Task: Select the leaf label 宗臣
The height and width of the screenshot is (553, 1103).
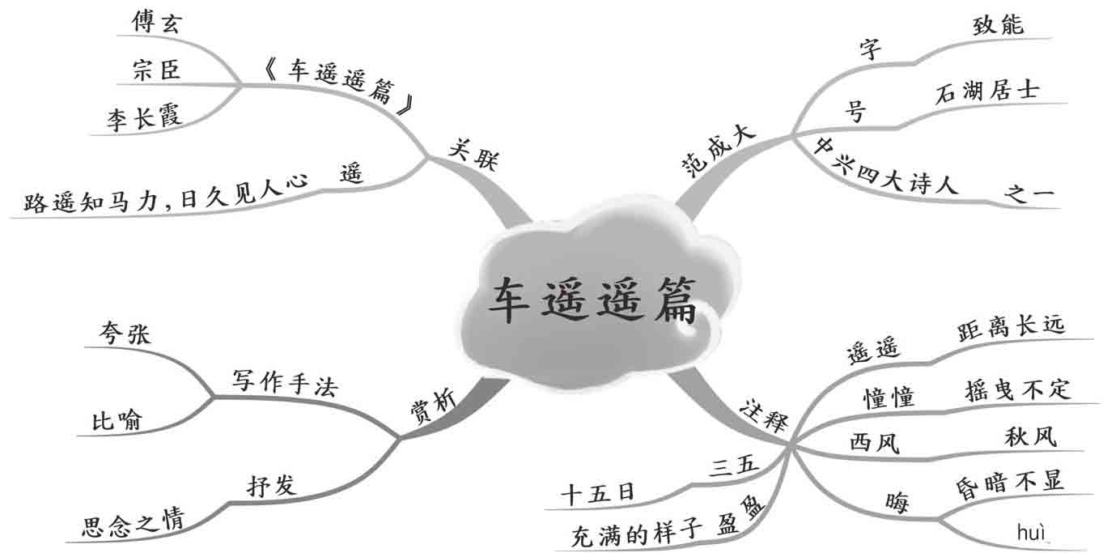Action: click(x=156, y=70)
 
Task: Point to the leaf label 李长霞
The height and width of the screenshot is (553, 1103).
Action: click(x=144, y=118)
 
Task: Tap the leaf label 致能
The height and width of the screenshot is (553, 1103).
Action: click(x=998, y=24)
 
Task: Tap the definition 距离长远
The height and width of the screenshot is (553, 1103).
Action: click(x=1011, y=326)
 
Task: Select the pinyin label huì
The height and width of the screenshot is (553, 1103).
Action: click(x=1032, y=532)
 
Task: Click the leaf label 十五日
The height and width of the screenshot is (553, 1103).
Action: click(x=598, y=492)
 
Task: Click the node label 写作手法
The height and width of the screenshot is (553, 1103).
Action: click(x=284, y=381)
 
